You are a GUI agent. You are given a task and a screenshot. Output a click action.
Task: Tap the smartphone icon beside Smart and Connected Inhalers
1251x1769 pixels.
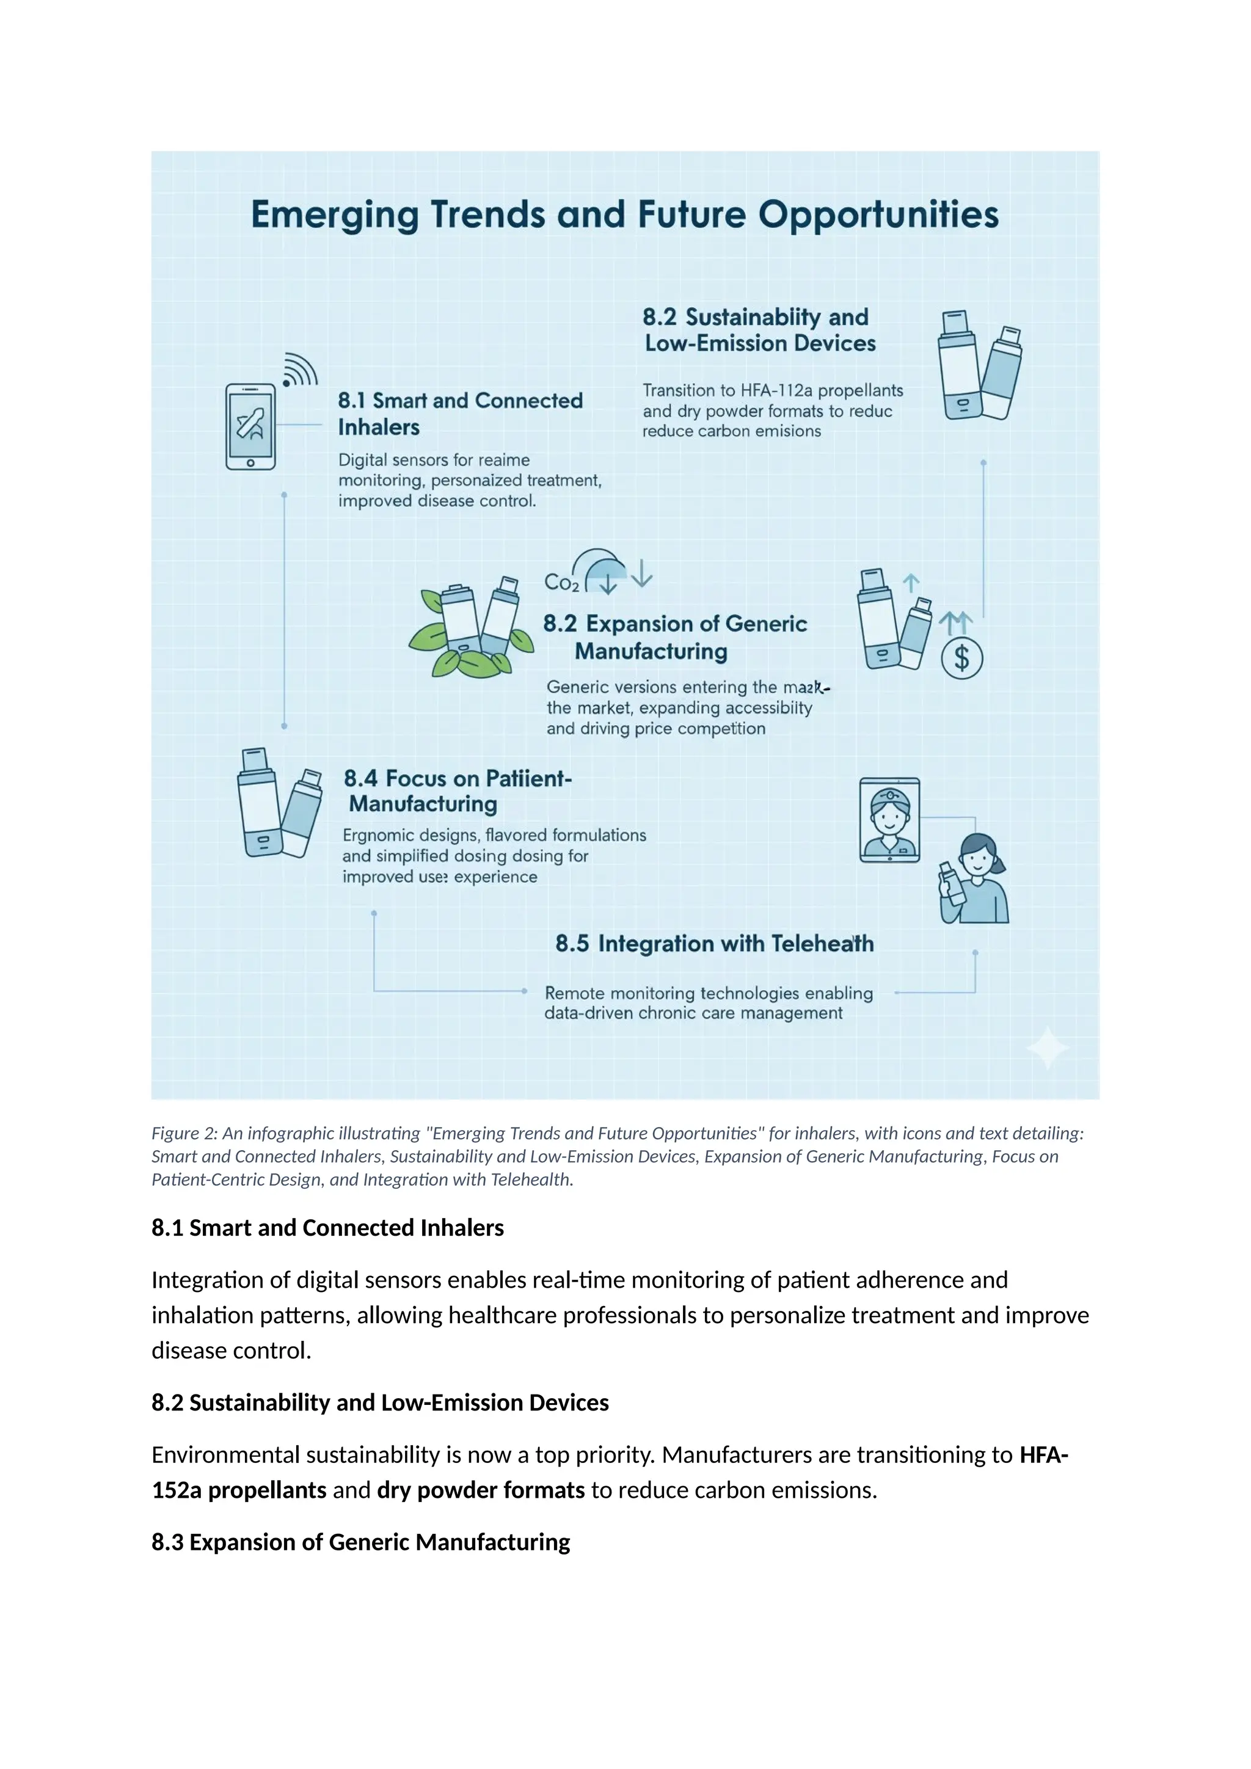(x=250, y=427)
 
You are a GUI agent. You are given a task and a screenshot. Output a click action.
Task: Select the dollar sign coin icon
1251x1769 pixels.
(x=962, y=658)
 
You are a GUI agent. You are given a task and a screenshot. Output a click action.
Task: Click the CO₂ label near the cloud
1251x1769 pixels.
(x=561, y=583)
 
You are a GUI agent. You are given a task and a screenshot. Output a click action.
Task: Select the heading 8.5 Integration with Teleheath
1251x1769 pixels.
(x=714, y=944)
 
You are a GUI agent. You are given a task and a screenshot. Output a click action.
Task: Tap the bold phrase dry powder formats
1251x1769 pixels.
(x=481, y=1490)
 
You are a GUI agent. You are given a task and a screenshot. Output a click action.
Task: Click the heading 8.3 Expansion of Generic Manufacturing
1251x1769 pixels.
(x=360, y=1542)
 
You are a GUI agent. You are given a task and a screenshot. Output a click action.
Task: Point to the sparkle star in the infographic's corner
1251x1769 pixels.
(x=1047, y=1048)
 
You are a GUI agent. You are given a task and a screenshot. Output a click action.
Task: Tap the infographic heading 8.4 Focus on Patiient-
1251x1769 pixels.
(x=458, y=779)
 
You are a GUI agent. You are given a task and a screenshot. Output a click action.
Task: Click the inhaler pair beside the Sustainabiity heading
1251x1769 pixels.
(x=979, y=366)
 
